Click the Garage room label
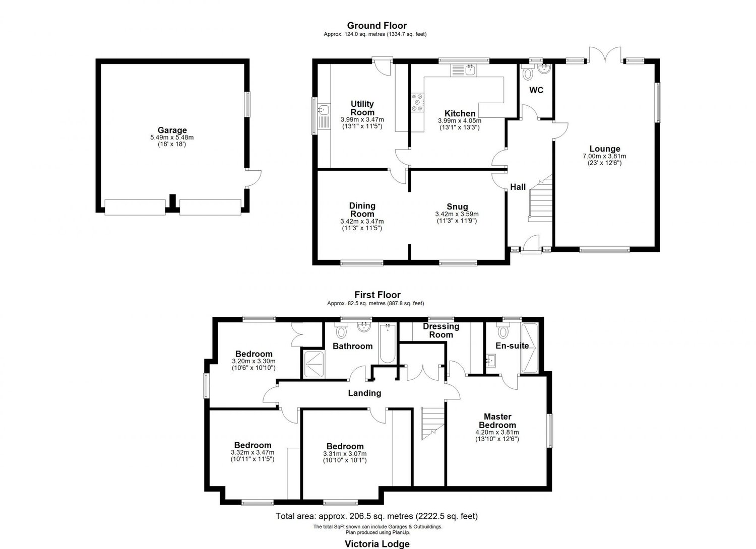point(172,130)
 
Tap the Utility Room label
point(362,108)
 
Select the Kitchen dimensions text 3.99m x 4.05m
point(460,121)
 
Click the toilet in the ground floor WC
point(528,74)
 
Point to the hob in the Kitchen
point(418,102)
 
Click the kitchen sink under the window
point(469,70)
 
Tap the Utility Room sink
point(323,110)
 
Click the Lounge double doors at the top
point(605,54)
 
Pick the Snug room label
point(457,207)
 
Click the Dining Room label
point(362,210)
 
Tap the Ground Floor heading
point(376,25)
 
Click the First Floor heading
point(377,295)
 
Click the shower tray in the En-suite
point(530,348)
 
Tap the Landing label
point(364,393)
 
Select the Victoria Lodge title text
point(377,543)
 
